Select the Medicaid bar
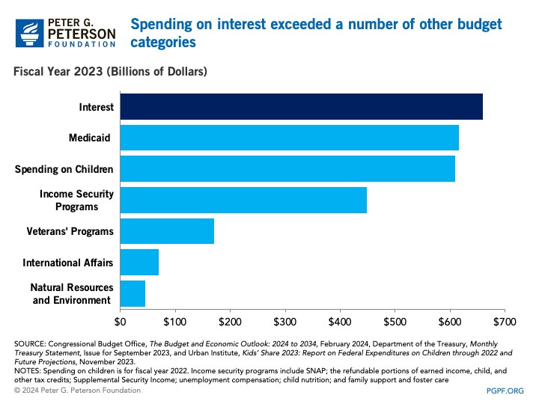coord(289,138)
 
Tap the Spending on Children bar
coord(287,169)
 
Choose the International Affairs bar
coord(139,263)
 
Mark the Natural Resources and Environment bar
coord(133,293)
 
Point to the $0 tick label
coord(120,322)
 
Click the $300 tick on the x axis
coord(284,322)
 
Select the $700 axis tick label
coord(505,322)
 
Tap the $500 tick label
coord(395,322)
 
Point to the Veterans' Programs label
coord(70,231)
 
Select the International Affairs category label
coord(68,263)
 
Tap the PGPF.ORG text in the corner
coord(508,391)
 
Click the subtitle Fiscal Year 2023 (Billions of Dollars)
coord(108,72)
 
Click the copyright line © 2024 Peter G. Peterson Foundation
coord(79,391)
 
